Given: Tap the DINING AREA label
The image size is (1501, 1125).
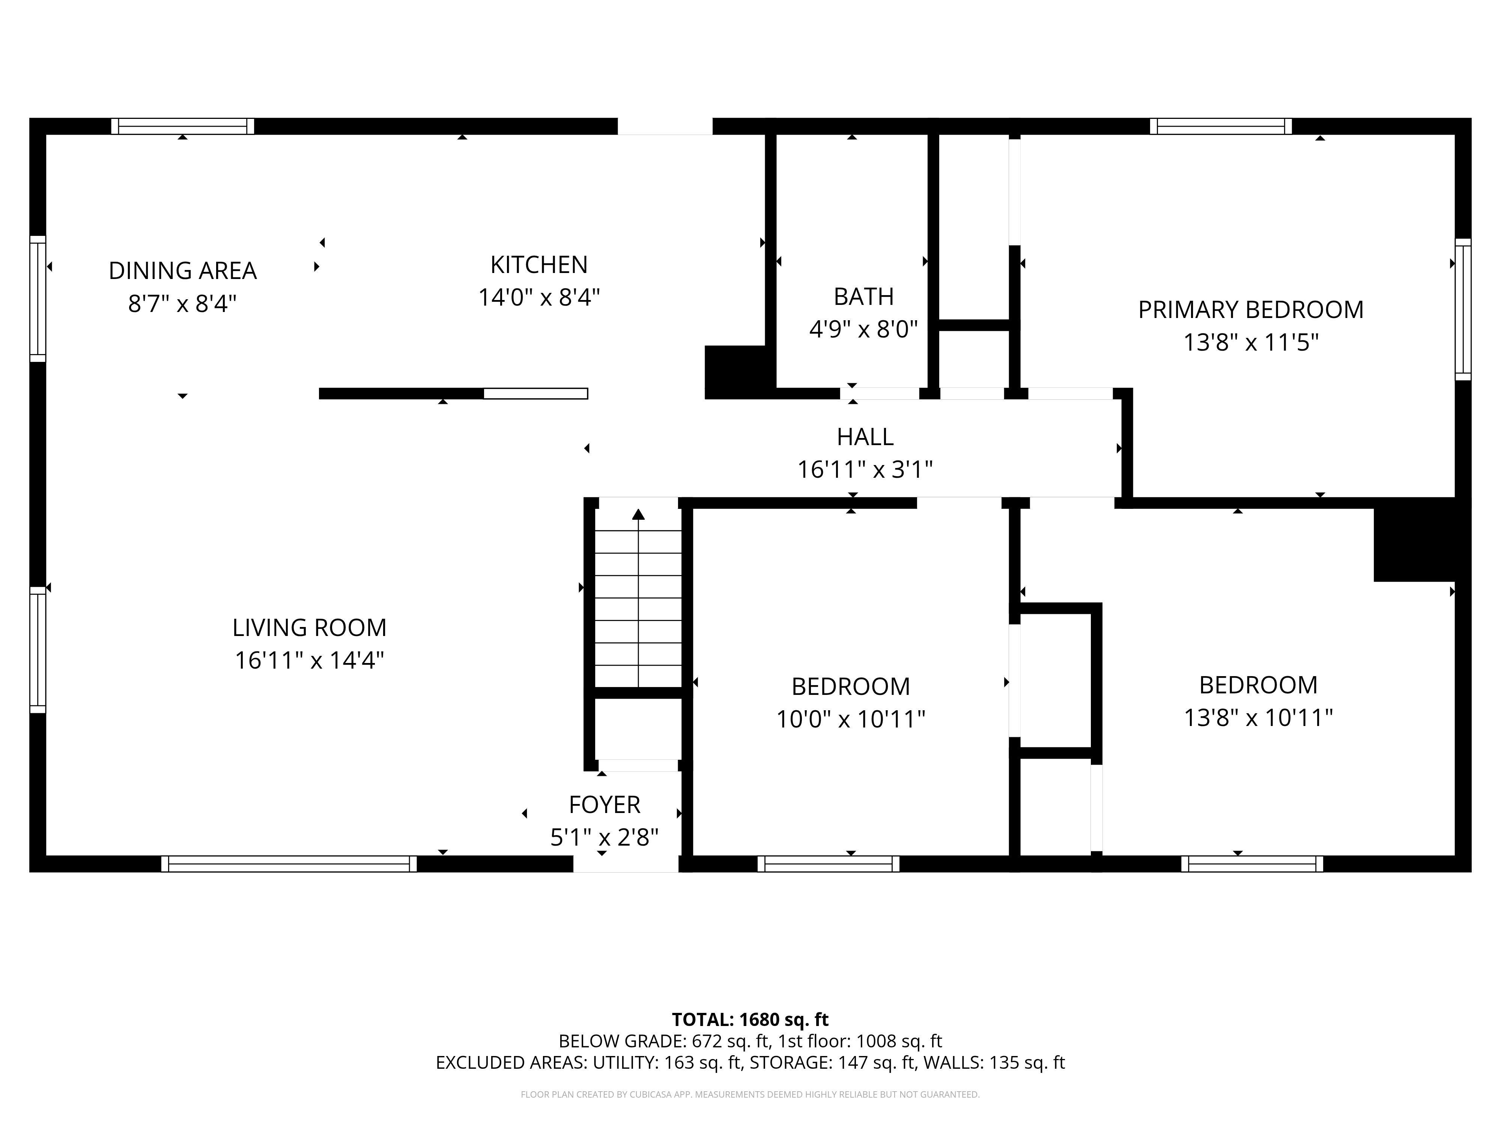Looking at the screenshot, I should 182,271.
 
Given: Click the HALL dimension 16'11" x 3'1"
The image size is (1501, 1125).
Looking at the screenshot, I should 865,469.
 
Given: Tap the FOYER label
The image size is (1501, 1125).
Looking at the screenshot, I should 604,805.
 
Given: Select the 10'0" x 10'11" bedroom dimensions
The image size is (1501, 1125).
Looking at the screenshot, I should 850,719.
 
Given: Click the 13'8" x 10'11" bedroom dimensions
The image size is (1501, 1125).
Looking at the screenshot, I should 1258,717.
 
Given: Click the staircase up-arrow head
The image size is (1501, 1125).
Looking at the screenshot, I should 638,515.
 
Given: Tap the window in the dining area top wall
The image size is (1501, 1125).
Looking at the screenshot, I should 182,126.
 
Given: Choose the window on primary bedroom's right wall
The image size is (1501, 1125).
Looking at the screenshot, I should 1463,309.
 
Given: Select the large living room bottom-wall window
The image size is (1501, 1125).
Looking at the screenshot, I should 289,864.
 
